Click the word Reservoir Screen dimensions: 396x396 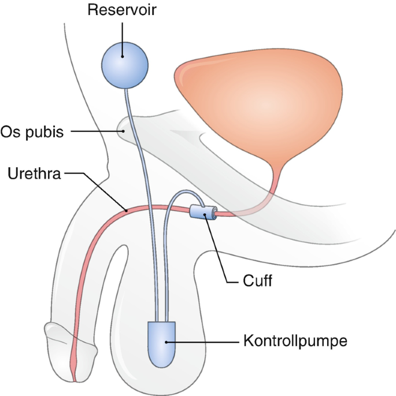(122, 10)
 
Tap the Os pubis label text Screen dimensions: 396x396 (32, 132)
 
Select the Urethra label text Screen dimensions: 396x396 (34, 173)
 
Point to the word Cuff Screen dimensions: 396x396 (257, 280)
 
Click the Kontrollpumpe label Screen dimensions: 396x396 (295, 342)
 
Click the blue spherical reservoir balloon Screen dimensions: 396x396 (125, 65)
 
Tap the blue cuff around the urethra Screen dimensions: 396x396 (203, 212)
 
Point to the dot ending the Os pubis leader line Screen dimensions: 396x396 (123, 131)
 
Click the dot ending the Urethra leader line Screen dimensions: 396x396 (126, 210)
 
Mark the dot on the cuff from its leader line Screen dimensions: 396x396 (205, 214)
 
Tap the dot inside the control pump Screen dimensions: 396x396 (166, 342)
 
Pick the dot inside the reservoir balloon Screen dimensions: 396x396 (123, 57)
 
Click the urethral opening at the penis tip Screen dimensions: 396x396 (75, 380)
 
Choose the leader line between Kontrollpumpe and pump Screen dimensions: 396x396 (202, 342)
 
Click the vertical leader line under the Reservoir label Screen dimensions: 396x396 (123, 39)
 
